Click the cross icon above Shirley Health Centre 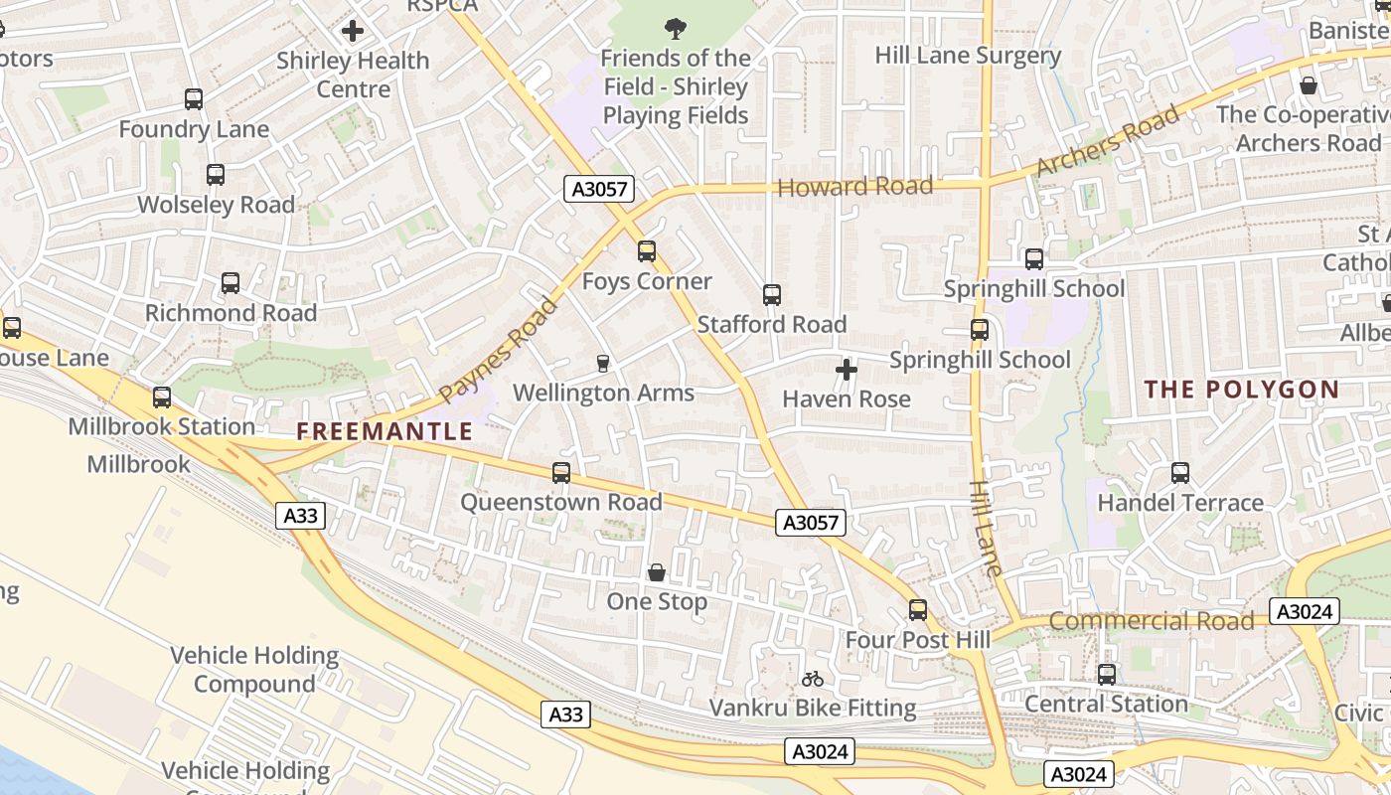[353, 31]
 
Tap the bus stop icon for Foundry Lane [194, 99]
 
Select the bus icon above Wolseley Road [216, 175]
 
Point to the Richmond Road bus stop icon [231, 283]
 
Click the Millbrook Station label [162, 426]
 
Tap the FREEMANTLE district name [385, 431]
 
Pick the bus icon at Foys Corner [647, 251]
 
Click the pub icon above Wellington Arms [602, 364]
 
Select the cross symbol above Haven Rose [847, 371]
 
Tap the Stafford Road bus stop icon [772, 295]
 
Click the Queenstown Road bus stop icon [561, 473]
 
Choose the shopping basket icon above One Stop [657, 572]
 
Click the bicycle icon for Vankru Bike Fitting [813, 680]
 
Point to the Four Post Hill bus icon [918, 610]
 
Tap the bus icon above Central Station [1107, 675]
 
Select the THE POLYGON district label [1242, 390]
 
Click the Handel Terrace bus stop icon [1180, 473]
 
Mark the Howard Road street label [855, 186]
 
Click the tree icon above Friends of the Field [676, 28]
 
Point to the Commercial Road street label [1152, 621]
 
